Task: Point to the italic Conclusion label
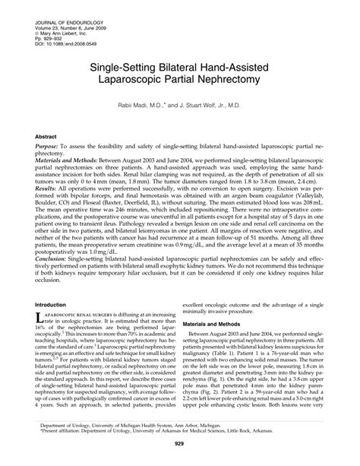[x=55, y=260]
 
